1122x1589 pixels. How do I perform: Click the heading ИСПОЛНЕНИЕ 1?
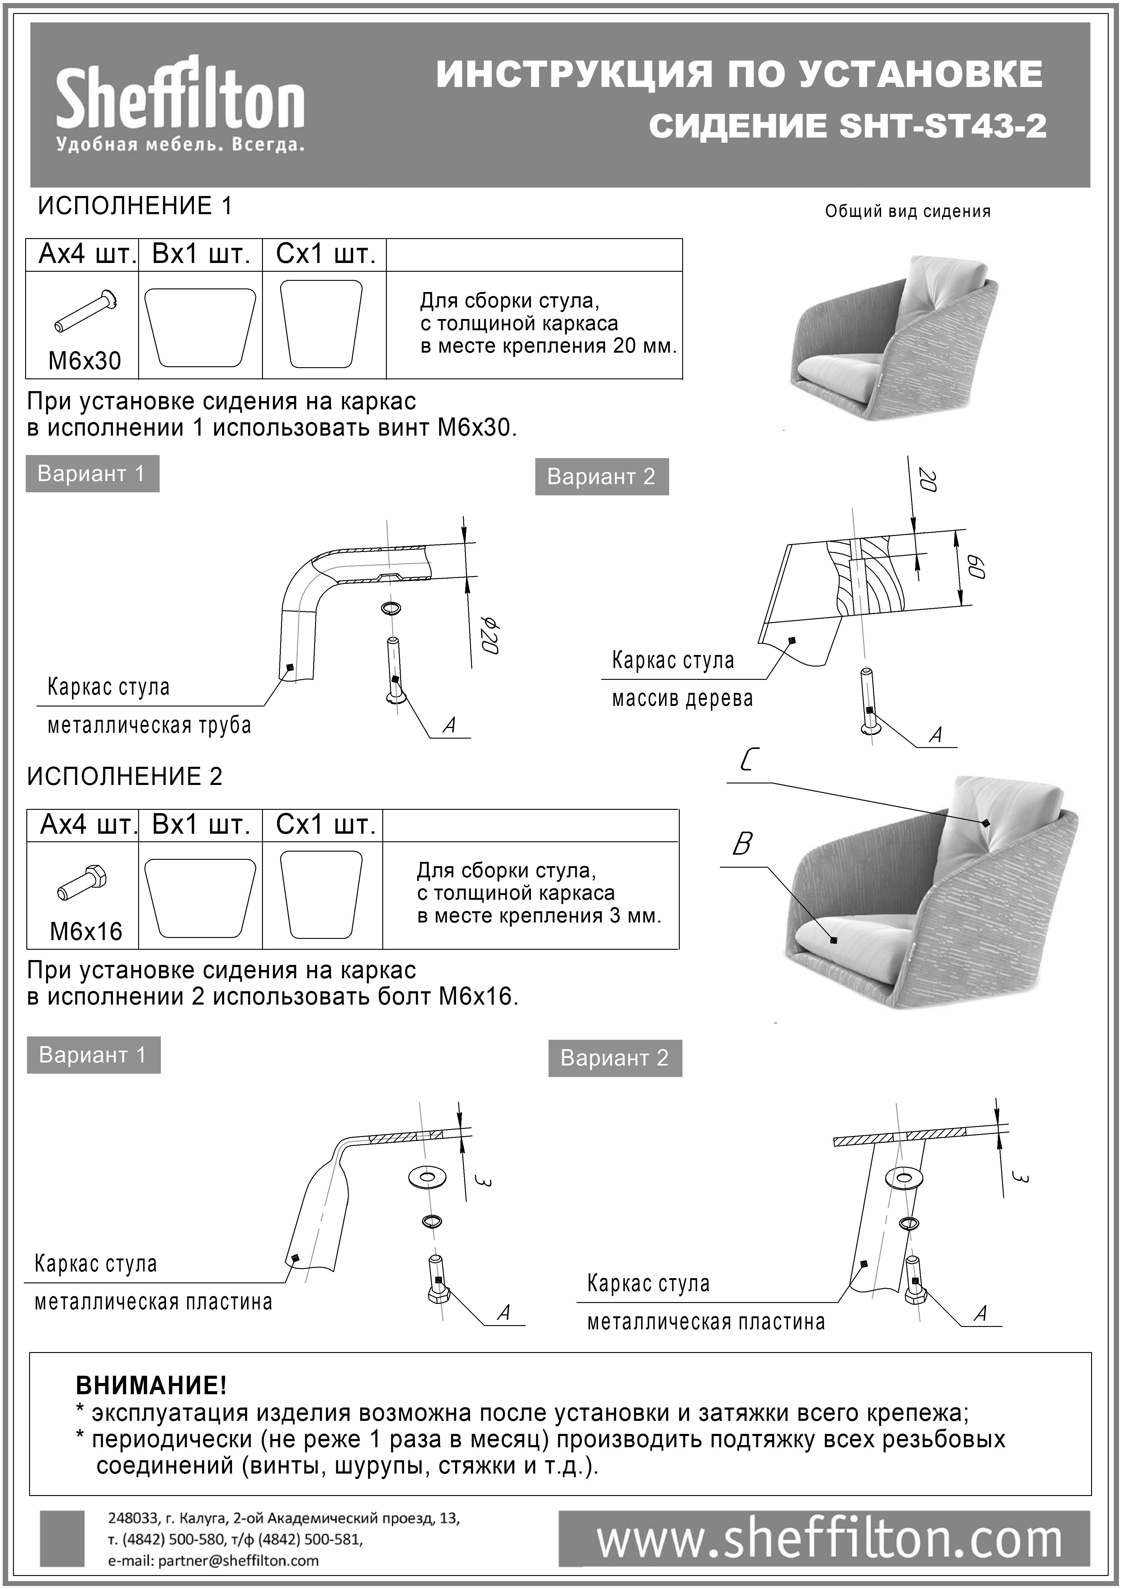[x=135, y=206]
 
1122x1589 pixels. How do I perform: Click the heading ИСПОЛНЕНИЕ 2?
[x=124, y=776]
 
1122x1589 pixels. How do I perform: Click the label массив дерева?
[x=682, y=699]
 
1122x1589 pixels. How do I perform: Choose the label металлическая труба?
[x=149, y=726]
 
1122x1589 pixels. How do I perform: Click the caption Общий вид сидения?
[x=908, y=212]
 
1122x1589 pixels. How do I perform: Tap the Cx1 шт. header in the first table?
[x=325, y=255]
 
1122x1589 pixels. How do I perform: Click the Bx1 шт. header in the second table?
[x=201, y=825]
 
